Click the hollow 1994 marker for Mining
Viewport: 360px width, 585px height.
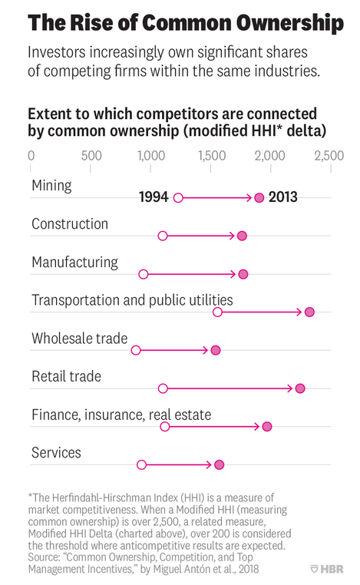coord(178,197)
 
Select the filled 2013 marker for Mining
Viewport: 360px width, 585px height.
coord(259,197)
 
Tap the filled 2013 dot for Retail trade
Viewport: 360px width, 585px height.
coord(300,388)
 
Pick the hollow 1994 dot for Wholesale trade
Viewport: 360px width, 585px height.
coord(136,350)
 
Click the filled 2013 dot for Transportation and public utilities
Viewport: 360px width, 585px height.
coord(309,312)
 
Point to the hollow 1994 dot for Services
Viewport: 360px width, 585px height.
coord(141,464)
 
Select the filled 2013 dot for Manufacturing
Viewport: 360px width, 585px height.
coord(243,274)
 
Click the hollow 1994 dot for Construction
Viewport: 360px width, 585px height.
coord(163,236)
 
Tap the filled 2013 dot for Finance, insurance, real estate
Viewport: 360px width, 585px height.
coord(267,426)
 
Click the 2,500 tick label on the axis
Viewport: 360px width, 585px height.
coord(329,156)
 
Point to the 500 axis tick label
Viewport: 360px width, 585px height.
coord(91,156)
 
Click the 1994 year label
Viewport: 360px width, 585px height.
coord(154,197)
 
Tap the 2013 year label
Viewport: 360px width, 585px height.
coord(282,197)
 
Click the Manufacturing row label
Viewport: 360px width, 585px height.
coord(74,262)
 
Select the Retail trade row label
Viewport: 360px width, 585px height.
coord(66,376)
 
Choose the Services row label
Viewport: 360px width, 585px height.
coord(56,453)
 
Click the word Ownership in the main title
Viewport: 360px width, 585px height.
coord(283,23)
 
